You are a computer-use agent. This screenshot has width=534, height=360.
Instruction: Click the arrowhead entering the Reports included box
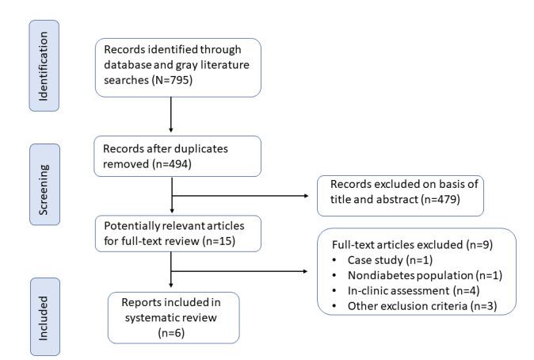pyautogui.click(x=171, y=290)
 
